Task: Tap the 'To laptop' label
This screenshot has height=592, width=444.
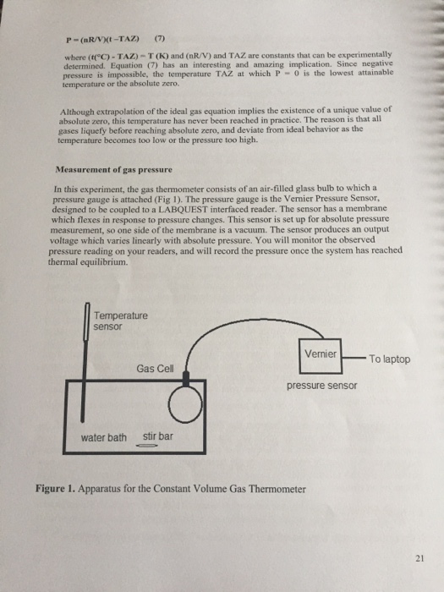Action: point(389,359)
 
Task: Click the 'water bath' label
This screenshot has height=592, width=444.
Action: point(104,437)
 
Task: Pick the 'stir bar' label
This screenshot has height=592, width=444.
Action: point(158,437)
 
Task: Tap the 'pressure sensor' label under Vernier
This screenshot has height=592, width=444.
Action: point(321,386)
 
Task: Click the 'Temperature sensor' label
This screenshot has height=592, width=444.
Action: point(119,321)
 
